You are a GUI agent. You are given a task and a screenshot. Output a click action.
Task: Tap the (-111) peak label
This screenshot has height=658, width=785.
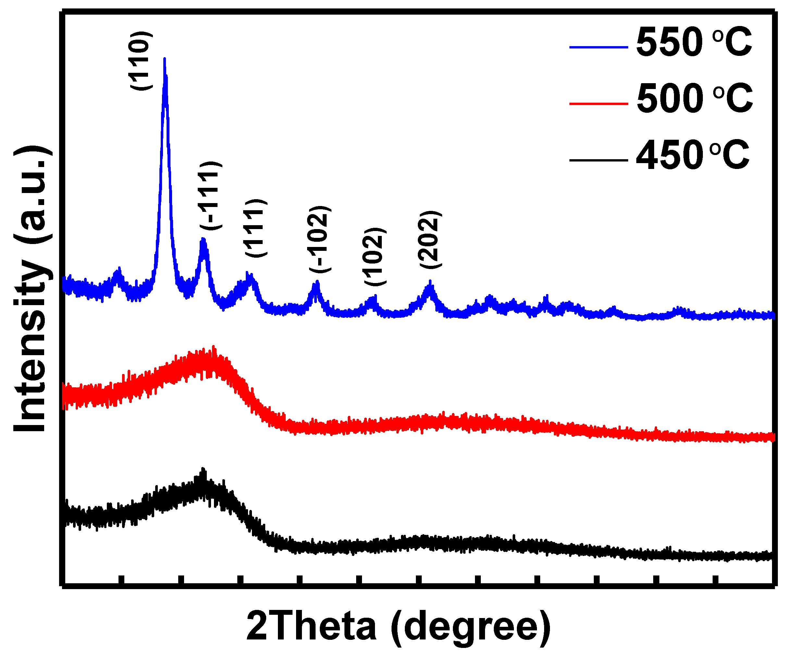coord(211,196)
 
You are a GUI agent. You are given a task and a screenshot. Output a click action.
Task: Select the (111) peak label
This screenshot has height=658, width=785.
coord(256,228)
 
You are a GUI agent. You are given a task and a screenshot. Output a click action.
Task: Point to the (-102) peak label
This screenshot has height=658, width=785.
coord(320,239)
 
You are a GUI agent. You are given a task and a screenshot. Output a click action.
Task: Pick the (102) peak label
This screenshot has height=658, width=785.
coord(375,256)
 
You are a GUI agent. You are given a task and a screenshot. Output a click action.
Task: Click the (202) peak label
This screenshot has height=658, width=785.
coord(430,239)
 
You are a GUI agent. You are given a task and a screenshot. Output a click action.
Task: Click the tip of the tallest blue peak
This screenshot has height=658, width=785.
coord(165,59)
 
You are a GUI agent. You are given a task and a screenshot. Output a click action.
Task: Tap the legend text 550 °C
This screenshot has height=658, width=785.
coord(694,43)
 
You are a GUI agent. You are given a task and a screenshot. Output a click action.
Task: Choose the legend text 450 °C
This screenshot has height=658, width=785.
coord(693,156)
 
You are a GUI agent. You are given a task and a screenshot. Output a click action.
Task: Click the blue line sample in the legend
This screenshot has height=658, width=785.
coord(598,47)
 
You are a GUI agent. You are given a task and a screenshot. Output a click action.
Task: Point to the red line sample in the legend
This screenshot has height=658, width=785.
coord(598,104)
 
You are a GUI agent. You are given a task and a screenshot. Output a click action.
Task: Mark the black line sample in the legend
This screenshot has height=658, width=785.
coord(598,160)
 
